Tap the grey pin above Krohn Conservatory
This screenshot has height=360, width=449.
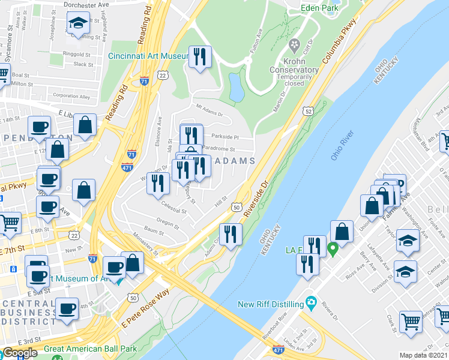(294, 46)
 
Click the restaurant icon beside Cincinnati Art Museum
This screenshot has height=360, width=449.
(199, 58)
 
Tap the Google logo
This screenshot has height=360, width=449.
(20, 353)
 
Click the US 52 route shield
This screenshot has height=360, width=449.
(308, 111)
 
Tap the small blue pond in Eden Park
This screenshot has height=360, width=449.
(237, 88)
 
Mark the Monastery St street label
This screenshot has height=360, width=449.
(145, 244)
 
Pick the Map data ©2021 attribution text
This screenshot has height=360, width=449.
(423, 355)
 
